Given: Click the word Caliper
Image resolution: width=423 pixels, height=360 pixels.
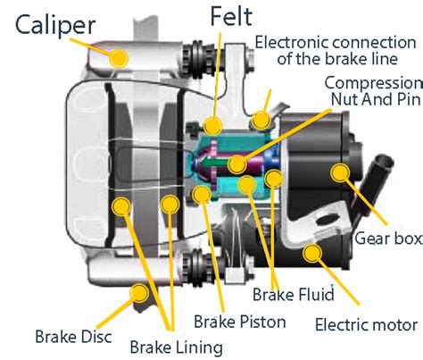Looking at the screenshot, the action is pyautogui.click(x=55, y=25).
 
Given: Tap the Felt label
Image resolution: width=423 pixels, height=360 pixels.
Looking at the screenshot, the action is pyautogui.click(x=231, y=16).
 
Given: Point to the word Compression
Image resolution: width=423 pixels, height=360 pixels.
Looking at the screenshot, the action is pyautogui.click(x=373, y=84).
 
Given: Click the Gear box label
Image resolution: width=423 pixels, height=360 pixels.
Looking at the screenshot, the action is pyautogui.click(x=388, y=239).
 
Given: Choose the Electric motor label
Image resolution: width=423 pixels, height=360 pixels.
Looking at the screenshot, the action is pyautogui.click(x=366, y=324).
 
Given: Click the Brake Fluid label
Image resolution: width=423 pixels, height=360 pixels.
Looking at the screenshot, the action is pyautogui.click(x=294, y=294).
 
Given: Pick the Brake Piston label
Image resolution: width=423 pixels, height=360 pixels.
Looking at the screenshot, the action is pyautogui.click(x=240, y=322).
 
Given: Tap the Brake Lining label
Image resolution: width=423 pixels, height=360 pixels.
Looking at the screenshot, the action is pyautogui.click(x=177, y=347).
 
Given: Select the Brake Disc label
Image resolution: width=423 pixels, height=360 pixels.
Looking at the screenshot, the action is pyautogui.click(x=73, y=337).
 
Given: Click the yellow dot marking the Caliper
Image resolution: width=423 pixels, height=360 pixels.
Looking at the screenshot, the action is pyautogui.click(x=119, y=58).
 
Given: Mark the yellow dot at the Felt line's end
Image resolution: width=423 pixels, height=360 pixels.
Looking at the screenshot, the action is pyautogui.click(x=213, y=125).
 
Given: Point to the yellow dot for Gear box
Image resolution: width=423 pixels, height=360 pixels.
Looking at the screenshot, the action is pyautogui.click(x=340, y=172).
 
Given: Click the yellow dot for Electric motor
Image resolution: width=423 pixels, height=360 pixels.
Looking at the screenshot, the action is pyautogui.click(x=312, y=253).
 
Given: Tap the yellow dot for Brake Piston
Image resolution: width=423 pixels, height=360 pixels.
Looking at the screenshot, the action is pyautogui.click(x=202, y=195).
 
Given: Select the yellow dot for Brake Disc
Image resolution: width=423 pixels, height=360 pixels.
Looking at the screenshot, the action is pyautogui.click(x=139, y=293).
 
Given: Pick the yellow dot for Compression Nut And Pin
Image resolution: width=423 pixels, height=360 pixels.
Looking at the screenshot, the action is pyautogui.click(x=237, y=164).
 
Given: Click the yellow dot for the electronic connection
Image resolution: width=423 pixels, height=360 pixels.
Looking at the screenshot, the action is pyautogui.click(x=261, y=121).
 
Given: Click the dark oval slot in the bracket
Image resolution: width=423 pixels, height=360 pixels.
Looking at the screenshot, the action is pyautogui.click(x=326, y=220).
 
